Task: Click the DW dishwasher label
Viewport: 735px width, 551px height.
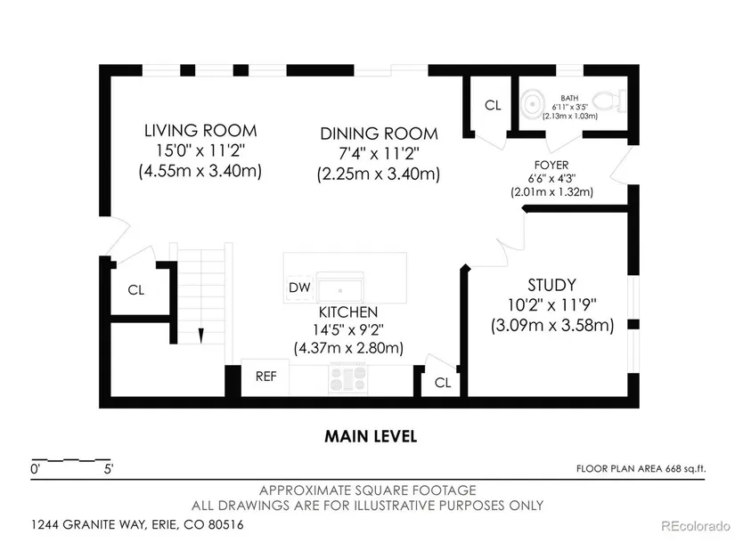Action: pyautogui.click(x=299, y=288)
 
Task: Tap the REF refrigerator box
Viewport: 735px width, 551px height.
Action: pyautogui.click(x=265, y=377)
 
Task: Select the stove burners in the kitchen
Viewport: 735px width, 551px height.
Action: pyautogui.click(x=347, y=378)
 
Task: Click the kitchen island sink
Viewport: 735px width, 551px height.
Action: pyautogui.click(x=339, y=288)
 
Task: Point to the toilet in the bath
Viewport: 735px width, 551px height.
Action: pyautogui.click(x=608, y=101)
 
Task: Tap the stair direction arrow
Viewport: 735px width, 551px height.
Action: pyautogui.click(x=201, y=336)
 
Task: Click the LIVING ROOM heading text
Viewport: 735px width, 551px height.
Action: pyautogui.click(x=200, y=131)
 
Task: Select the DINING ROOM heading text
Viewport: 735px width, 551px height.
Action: pyautogui.click(x=379, y=134)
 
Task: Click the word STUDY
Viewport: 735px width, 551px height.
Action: pyautogui.click(x=551, y=286)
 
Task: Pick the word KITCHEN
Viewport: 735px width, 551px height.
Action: pyautogui.click(x=348, y=312)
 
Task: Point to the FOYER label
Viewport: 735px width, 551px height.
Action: pyautogui.click(x=551, y=166)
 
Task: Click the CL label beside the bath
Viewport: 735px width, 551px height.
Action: pyautogui.click(x=493, y=105)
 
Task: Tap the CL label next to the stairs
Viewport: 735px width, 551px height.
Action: pyautogui.click(x=136, y=290)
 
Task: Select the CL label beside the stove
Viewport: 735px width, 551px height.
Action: pyautogui.click(x=443, y=383)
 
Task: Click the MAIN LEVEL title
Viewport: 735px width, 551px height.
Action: pyautogui.click(x=371, y=437)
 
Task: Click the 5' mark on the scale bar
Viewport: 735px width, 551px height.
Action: pyautogui.click(x=109, y=469)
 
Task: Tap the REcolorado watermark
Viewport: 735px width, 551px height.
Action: pyautogui.click(x=695, y=526)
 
